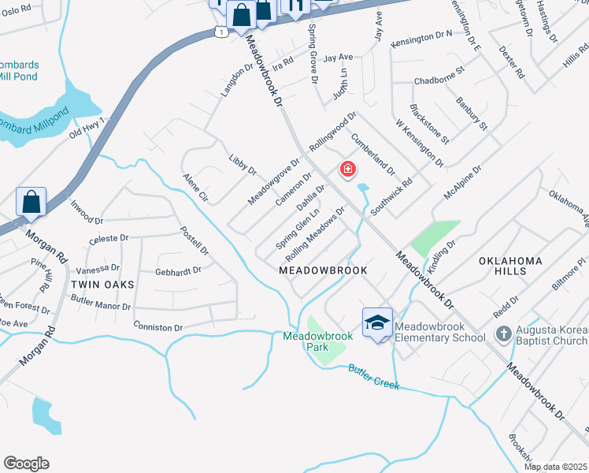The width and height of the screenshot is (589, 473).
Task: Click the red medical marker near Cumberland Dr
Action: click(x=346, y=169)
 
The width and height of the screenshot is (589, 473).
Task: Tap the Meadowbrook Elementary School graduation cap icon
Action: click(x=378, y=322)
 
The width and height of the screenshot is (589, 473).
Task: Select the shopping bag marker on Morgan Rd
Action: click(x=31, y=202)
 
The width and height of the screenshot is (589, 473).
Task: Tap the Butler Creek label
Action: click(x=374, y=377)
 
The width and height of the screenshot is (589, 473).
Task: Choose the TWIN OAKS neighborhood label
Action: click(x=103, y=284)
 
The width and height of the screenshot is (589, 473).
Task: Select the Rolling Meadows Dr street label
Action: click(x=317, y=235)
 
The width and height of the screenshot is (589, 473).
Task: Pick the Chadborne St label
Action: click(x=440, y=80)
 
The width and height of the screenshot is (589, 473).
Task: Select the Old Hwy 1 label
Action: click(x=87, y=128)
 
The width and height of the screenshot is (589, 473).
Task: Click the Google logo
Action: click(x=26, y=464)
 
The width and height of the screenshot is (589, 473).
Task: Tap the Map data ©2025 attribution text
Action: click(x=555, y=467)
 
